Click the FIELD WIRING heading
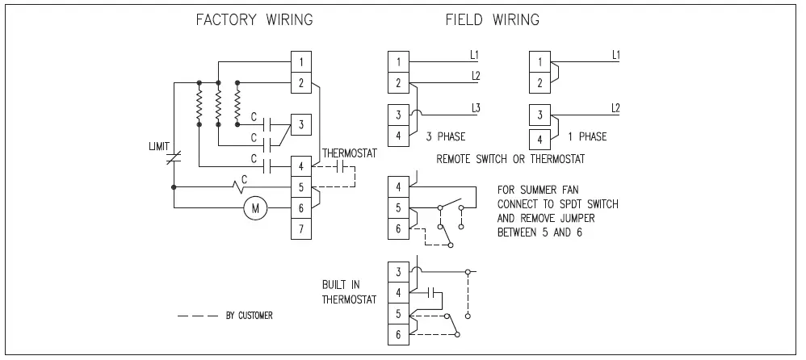[493, 19]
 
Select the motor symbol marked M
[256, 209]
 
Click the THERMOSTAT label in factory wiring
[349, 153]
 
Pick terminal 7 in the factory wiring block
[301, 229]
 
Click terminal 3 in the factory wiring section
[301, 124]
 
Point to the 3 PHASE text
[443, 136]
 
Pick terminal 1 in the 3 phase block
[398, 61]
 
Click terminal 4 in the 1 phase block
[539, 136]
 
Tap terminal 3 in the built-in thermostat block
[398, 271]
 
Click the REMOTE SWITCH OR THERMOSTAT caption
[510, 159]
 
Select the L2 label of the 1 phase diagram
[615, 107]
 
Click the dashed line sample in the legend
[197, 316]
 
